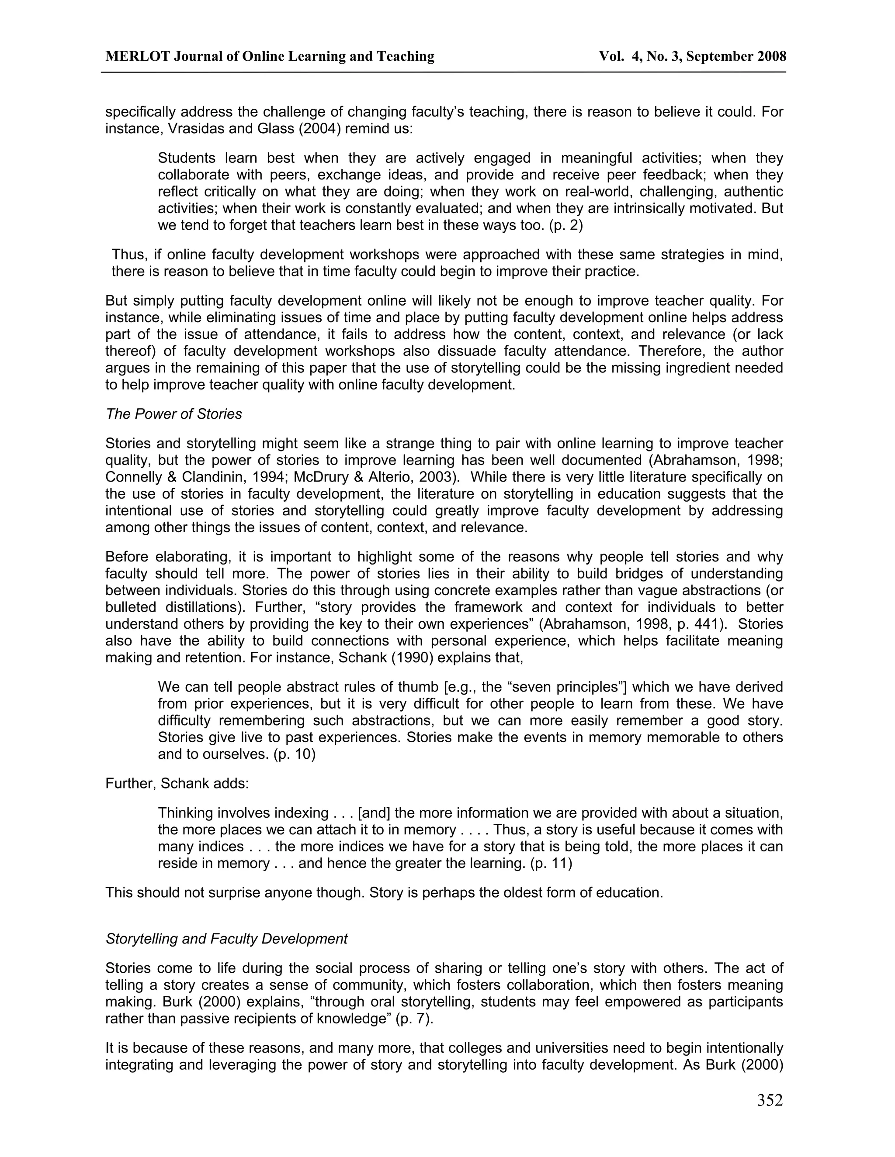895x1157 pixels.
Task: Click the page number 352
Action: [769, 1100]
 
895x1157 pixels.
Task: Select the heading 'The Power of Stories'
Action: [173, 414]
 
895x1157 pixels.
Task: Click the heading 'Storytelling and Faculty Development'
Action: [226, 939]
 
